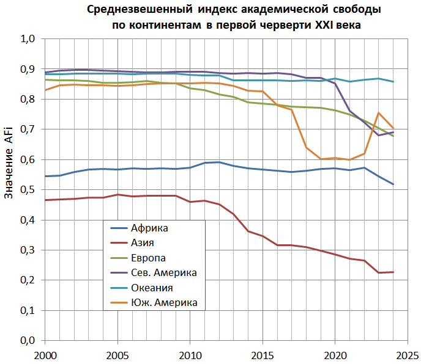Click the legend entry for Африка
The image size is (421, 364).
click(x=149, y=228)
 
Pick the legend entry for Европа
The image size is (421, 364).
click(x=148, y=258)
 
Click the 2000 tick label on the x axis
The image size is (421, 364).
click(x=45, y=355)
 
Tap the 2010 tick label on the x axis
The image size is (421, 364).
click(x=190, y=355)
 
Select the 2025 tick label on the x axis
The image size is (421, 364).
click(x=407, y=355)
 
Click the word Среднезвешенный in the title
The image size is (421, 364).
click(x=133, y=10)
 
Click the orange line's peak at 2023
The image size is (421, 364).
click(x=378, y=113)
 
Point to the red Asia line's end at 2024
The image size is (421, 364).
click(x=392, y=272)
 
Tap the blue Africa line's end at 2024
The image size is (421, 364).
click(x=392, y=184)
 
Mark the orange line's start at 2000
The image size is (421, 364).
click(x=45, y=90)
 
